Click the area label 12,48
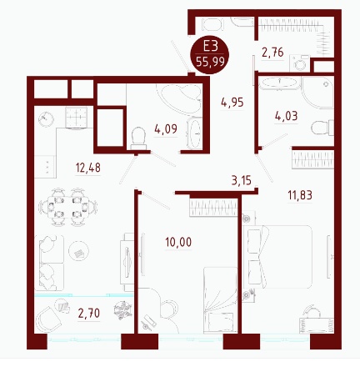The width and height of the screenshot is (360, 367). pos(88,168)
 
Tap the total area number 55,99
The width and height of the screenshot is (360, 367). pos(210,61)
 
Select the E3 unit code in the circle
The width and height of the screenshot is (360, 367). pos(210,46)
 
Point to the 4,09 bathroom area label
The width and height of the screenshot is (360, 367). pos(166,129)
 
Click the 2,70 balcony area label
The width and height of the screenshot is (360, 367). pos(89,314)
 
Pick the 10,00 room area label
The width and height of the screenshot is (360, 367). pos(178,242)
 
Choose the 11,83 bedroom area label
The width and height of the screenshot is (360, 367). pos(300,195)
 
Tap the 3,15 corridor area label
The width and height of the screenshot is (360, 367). pos(242,180)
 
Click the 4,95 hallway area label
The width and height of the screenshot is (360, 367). pos(232,103)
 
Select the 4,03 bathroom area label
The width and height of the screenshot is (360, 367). pos(286,116)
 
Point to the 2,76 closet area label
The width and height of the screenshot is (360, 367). pos(272,52)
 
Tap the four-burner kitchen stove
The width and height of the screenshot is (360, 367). pos(76,118)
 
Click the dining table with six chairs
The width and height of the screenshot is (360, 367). pos(67,207)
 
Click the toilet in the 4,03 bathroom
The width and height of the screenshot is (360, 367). pos(322,128)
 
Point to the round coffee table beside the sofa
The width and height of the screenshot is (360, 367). pos(79,251)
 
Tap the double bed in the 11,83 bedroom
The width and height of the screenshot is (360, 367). pos(277,257)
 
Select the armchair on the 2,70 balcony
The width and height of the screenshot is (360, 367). pos(49,319)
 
